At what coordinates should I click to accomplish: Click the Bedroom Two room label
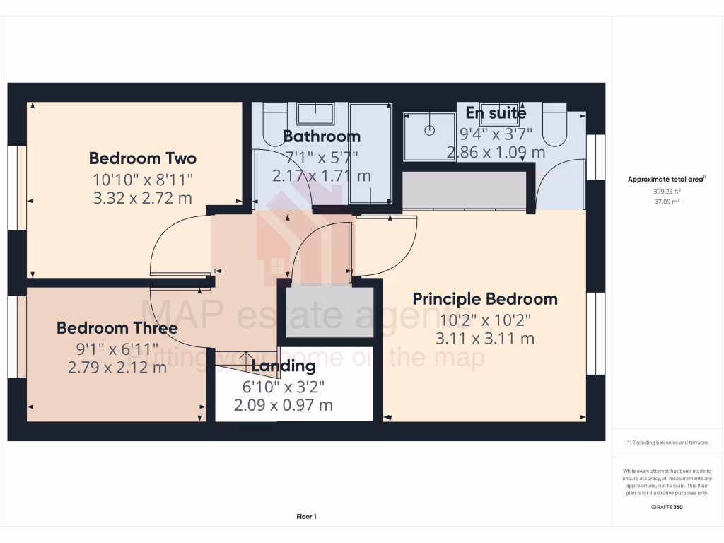(x=143, y=158)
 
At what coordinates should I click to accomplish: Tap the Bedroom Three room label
(x=117, y=328)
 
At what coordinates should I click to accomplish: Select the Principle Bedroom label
(x=485, y=299)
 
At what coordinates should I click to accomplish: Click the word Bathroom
(x=322, y=136)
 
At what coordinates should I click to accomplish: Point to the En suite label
(x=496, y=113)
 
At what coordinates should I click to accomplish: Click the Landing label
(x=284, y=366)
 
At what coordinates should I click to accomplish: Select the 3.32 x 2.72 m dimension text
(x=143, y=198)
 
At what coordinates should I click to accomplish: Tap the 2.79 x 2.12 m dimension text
(x=117, y=367)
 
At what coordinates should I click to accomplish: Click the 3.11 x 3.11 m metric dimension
(x=485, y=339)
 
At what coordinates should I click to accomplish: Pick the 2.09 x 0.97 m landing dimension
(x=284, y=405)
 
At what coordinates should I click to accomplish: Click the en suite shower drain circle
(x=429, y=131)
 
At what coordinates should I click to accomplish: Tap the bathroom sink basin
(x=315, y=113)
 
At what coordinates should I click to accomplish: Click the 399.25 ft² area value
(x=667, y=191)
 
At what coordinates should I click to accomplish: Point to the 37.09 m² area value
(x=667, y=202)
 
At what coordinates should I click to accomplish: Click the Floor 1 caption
(x=306, y=517)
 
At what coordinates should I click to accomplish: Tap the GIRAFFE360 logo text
(x=667, y=507)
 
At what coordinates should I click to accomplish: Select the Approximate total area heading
(x=667, y=180)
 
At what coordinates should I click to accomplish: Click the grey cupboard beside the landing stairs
(x=329, y=312)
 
